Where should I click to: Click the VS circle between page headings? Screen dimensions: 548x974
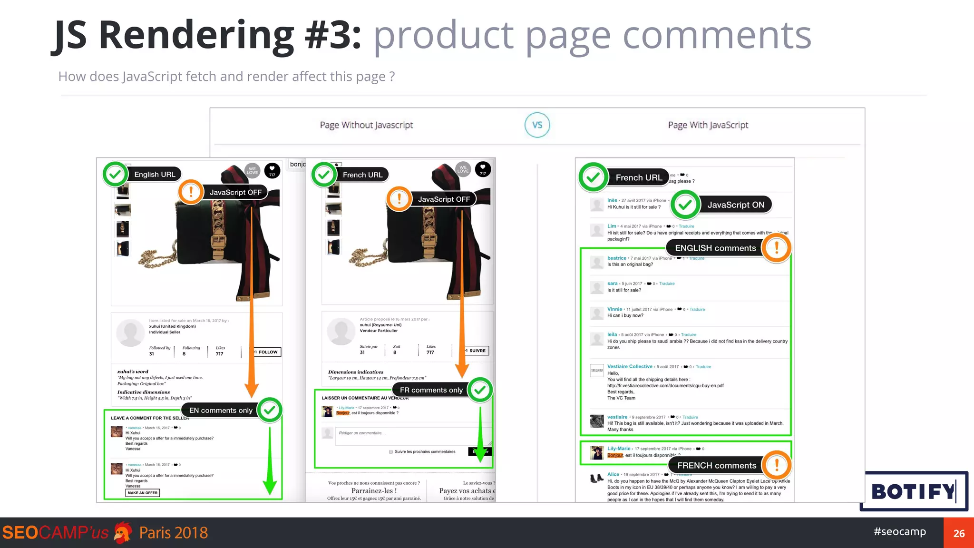(x=537, y=125)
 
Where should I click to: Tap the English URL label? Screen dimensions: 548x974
(x=155, y=175)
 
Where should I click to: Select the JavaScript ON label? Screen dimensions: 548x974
(x=735, y=205)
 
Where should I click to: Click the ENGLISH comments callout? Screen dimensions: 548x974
(x=715, y=248)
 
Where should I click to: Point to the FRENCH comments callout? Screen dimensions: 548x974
(x=716, y=466)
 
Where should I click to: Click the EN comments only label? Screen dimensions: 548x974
(x=221, y=411)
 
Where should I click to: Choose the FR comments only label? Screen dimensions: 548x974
(x=431, y=390)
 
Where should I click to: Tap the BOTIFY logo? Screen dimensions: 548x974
(x=913, y=491)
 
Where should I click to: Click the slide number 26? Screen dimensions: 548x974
(x=959, y=533)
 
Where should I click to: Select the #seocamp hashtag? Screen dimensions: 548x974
(x=900, y=532)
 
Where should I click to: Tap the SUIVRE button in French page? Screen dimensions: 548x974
(x=477, y=351)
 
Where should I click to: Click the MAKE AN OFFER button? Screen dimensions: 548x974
(x=142, y=493)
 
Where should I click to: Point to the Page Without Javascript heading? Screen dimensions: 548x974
(x=366, y=125)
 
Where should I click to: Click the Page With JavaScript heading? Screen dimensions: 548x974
(x=708, y=125)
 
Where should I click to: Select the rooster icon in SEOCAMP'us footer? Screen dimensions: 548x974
(x=123, y=533)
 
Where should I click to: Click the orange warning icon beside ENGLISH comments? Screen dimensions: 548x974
(x=776, y=247)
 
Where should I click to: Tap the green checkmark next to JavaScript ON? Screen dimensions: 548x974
(x=685, y=205)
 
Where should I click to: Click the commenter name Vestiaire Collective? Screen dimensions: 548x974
(x=630, y=367)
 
